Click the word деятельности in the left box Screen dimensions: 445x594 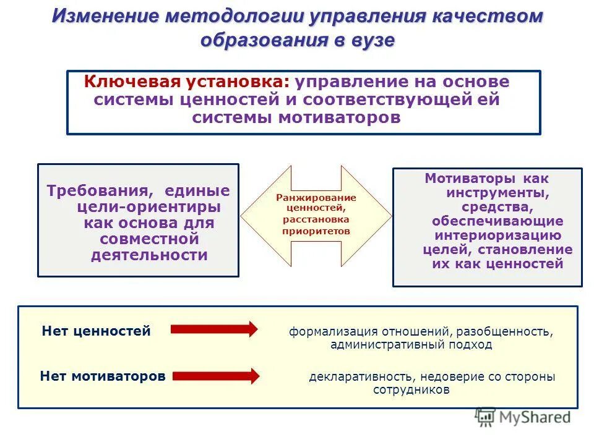click(x=149, y=255)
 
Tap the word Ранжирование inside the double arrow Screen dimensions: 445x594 click(x=316, y=197)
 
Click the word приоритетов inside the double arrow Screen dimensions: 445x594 click(x=316, y=231)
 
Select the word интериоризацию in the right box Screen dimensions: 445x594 click(x=497, y=235)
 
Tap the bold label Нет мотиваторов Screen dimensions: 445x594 click(x=103, y=376)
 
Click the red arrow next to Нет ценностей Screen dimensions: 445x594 click(x=213, y=329)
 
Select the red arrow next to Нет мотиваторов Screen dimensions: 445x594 click(x=216, y=375)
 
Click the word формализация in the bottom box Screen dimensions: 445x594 click(x=325, y=333)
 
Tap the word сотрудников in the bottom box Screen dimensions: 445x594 click(x=411, y=390)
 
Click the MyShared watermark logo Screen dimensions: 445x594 click(x=523, y=417)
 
